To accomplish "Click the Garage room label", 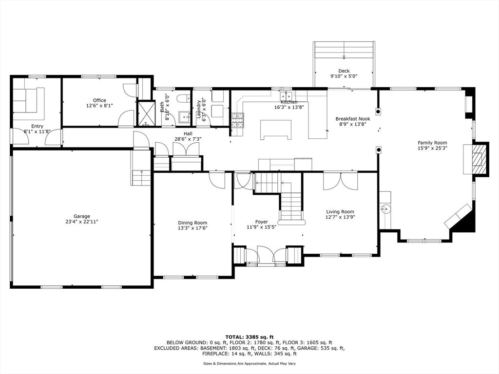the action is click(x=82, y=216).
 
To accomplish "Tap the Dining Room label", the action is click(x=192, y=223).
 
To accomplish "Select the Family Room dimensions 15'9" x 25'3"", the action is click(x=433, y=148).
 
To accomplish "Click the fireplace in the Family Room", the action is click(x=480, y=159).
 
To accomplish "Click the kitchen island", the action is click(x=276, y=130).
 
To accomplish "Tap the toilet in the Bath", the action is click(x=183, y=98).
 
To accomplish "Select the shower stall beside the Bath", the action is click(x=146, y=113).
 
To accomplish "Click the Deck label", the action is click(x=344, y=71).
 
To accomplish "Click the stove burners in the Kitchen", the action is click(x=238, y=121).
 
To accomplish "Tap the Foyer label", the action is click(x=261, y=222).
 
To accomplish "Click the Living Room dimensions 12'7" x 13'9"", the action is click(x=340, y=217).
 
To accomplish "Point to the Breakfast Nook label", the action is click(x=353, y=119).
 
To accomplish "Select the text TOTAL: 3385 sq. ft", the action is click(x=249, y=337).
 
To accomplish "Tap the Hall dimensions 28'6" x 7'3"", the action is click(x=188, y=139).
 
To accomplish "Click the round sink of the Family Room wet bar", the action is click(x=384, y=209).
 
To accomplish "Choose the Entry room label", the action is click(x=37, y=126).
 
